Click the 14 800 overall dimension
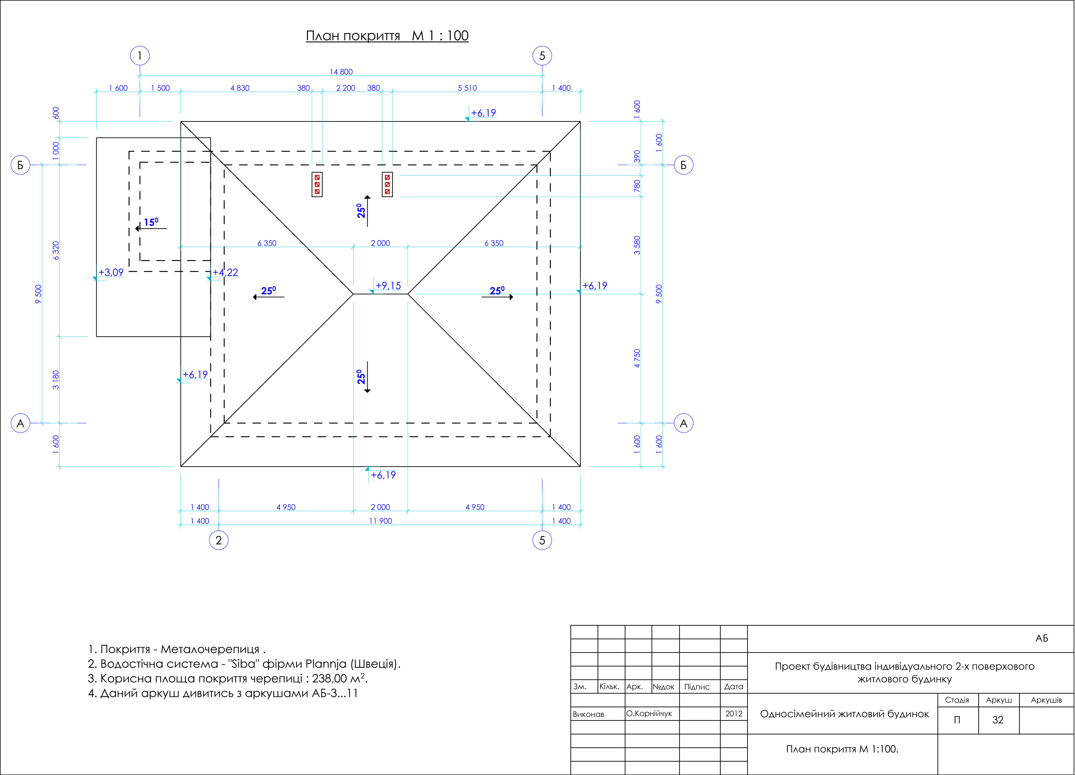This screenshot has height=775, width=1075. click(341, 72)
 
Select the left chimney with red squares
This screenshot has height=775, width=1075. click(317, 184)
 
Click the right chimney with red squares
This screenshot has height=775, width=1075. click(387, 184)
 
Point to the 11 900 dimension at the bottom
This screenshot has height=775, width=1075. click(381, 521)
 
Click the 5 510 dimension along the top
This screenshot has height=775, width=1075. click(467, 88)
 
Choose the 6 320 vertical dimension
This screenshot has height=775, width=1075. click(56, 251)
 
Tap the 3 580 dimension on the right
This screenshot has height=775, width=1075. click(637, 245)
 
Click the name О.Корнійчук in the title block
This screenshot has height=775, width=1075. click(649, 713)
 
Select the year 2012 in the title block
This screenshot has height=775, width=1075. click(734, 713)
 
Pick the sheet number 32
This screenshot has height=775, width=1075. click(998, 720)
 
